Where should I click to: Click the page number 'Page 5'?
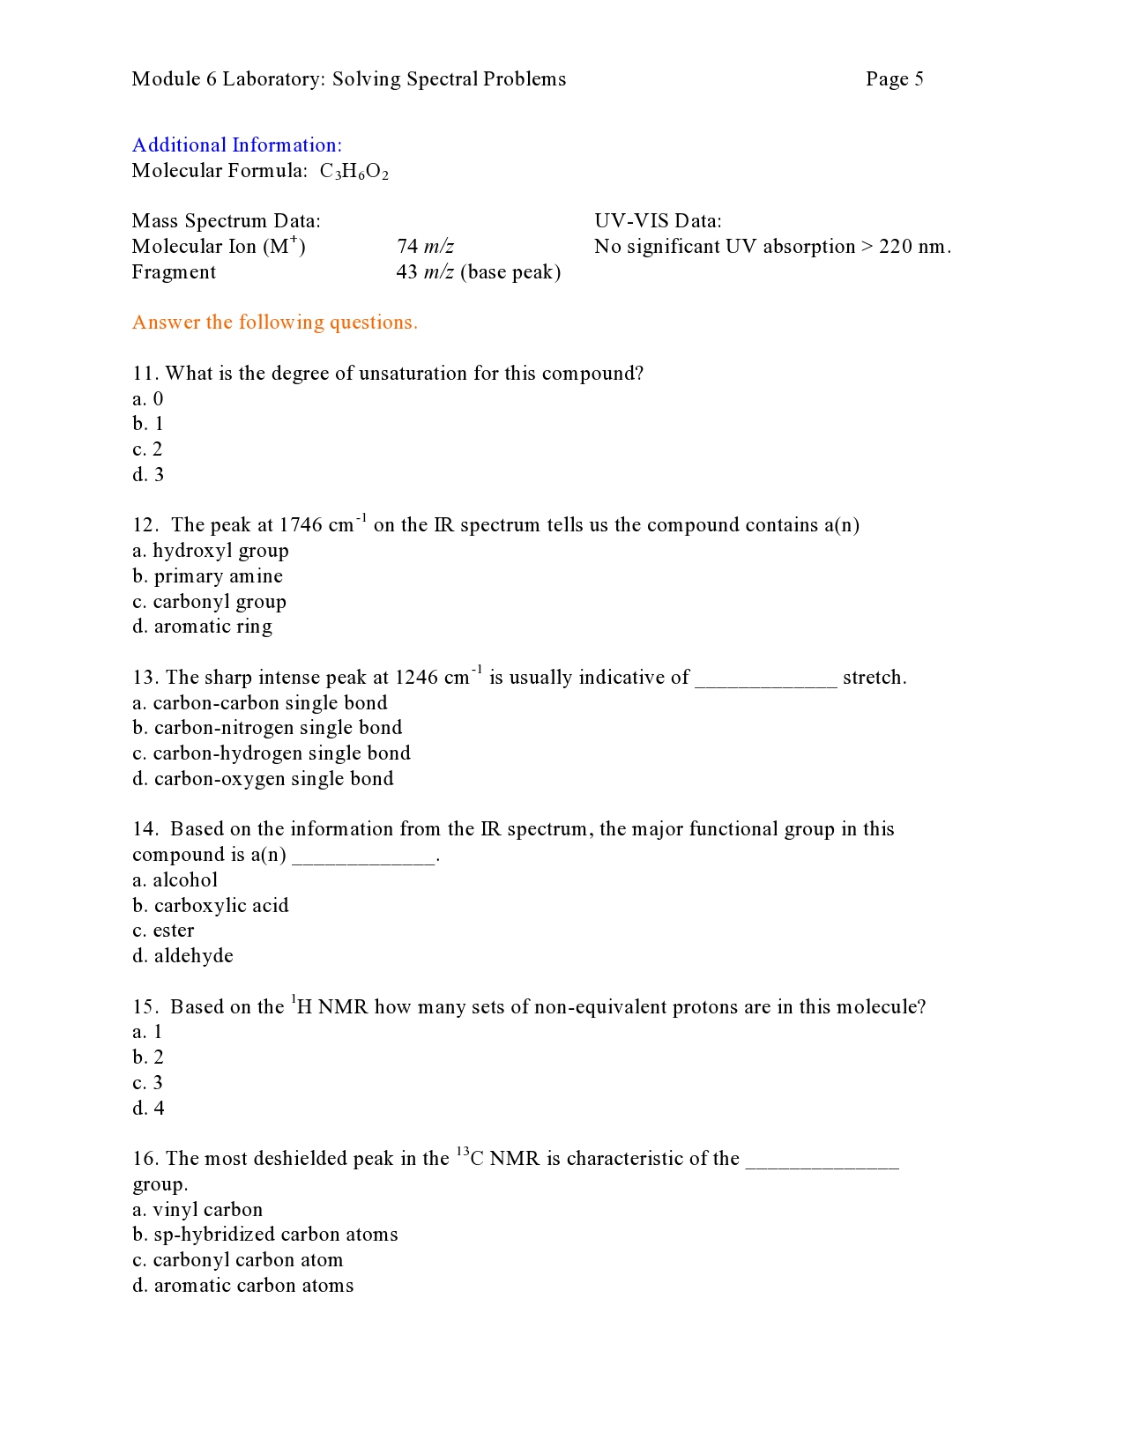[x=894, y=79]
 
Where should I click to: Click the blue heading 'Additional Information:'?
[x=236, y=145]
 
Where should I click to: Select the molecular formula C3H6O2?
[x=354, y=171]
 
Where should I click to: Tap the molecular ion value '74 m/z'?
[x=425, y=247]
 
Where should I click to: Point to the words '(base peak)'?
[x=510, y=272]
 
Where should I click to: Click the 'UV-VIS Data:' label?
[x=658, y=221]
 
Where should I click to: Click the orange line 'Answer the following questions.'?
[x=274, y=323]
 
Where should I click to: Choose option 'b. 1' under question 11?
[x=148, y=424]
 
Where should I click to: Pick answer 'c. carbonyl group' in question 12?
[x=209, y=602]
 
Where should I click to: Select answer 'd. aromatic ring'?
[x=202, y=627]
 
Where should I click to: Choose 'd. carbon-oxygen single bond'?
[x=263, y=779]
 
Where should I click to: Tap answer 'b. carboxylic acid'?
[x=210, y=906]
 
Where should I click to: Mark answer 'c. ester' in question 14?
[x=163, y=931]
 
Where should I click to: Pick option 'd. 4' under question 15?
[x=148, y=1109]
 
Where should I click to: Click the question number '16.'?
[x=145, y=1159]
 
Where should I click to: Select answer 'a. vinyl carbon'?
[x=197, y=1210]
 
